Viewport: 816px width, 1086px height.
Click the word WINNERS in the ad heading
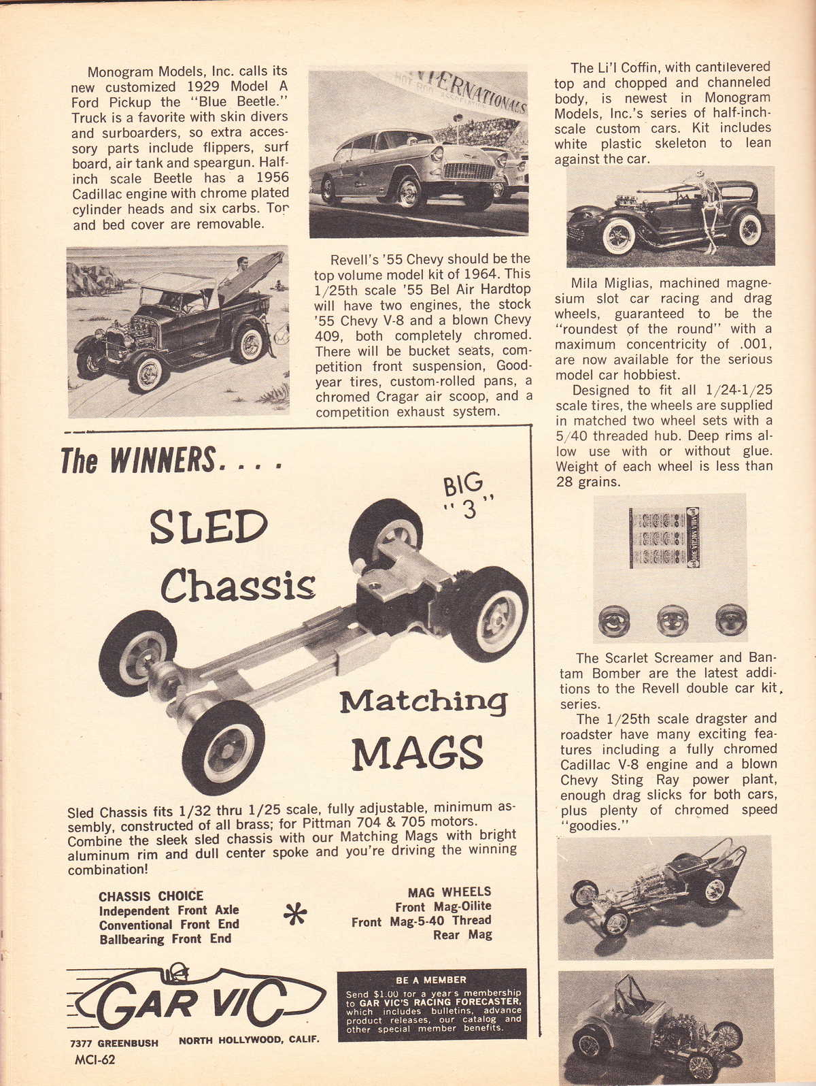(x=163, y=461)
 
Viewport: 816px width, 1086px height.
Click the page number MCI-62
(x=95, y=1059)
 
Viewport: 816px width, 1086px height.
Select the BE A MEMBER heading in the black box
(x=431, y=980)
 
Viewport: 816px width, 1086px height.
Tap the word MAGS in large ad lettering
(x=418, y=751)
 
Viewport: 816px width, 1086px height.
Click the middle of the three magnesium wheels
(x=673, y=620)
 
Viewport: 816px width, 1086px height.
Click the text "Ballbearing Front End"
(x=165, y=939)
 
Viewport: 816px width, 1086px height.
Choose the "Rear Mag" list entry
(x=462, y=935)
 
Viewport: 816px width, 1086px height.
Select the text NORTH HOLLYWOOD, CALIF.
(x=248, y=1040)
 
